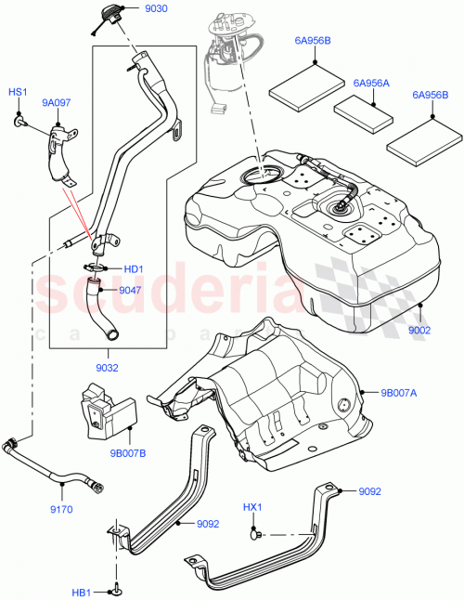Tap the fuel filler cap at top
tap(105, 18)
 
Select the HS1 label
tap(18, 93)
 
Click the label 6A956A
tap(370, 83)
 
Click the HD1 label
tap(134, 270)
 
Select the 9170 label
tap(64, 511)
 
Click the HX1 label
tap(252, 508)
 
